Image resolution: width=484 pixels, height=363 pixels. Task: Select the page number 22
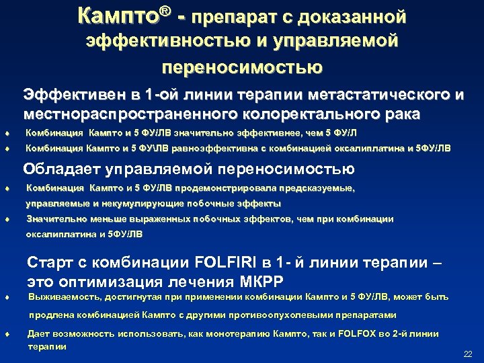click(469, 354)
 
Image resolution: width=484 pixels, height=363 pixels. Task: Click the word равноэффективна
click(207, 148)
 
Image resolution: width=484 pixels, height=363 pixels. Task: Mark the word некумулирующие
click(138, 203)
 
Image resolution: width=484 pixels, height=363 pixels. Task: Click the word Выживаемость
click(62, 297)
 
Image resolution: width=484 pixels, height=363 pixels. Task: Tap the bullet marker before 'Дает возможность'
click(6, 334)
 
